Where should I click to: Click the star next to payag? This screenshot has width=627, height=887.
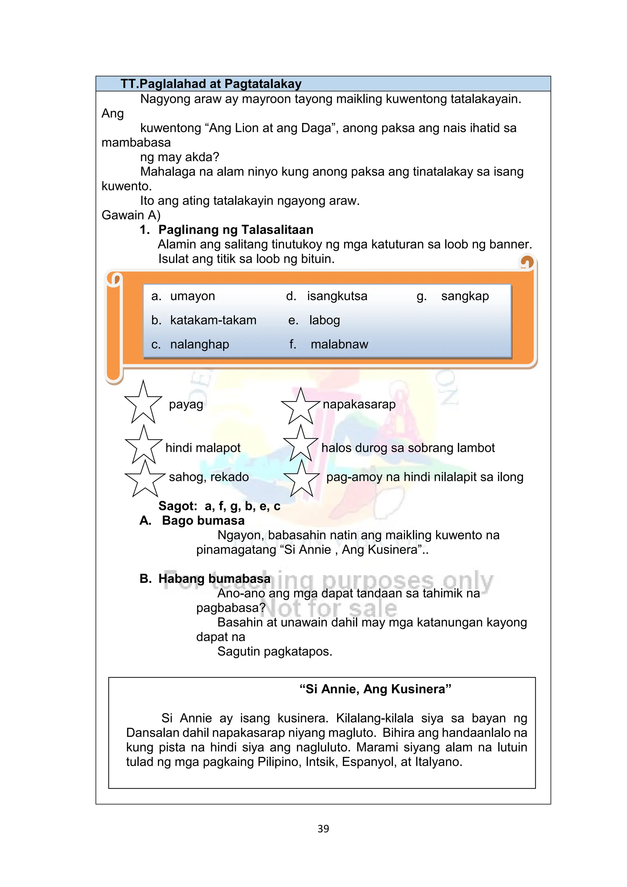point(143,403)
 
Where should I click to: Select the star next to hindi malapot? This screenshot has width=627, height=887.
point(144,446)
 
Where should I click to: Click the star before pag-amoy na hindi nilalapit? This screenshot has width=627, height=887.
point(302,480)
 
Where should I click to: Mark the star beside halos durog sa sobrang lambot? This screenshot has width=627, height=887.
point(300,445)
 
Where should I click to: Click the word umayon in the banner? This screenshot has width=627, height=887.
point(192,296)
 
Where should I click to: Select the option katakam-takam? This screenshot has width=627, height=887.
point(213,320)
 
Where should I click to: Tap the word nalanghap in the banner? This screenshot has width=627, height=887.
point(200,344)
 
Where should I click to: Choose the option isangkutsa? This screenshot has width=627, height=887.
point(337,296)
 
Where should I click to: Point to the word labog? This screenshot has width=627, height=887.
point(324,320)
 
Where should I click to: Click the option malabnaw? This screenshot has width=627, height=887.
point(339,344)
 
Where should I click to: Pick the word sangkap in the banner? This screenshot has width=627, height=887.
point(465,296)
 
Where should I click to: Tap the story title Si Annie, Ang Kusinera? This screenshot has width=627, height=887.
point(375,689)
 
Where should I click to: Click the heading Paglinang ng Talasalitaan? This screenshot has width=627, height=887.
point(235,230)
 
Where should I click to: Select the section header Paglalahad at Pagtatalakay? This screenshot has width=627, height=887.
point(211,84)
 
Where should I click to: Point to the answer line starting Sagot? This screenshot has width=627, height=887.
point(219,506)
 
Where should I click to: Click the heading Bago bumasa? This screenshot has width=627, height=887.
point(203,521)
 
